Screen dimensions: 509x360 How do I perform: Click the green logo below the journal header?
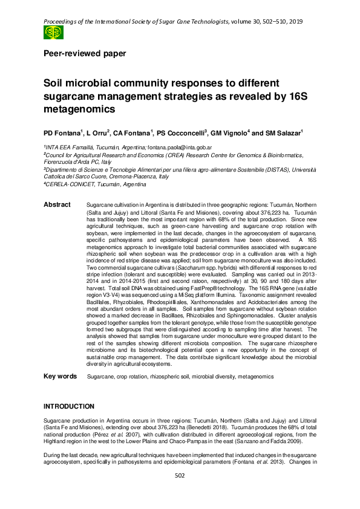tap(53, 33)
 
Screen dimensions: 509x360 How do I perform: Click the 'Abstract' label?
tap(57, 206)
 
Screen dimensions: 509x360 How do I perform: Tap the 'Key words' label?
tap(60, 377)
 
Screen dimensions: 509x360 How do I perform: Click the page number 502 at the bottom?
tap(180, 493)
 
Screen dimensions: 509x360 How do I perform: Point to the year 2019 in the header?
tap(295, 22)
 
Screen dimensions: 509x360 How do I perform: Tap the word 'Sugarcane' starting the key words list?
tap(101, 377)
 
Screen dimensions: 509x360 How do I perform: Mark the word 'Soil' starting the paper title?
tap(54, 85)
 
